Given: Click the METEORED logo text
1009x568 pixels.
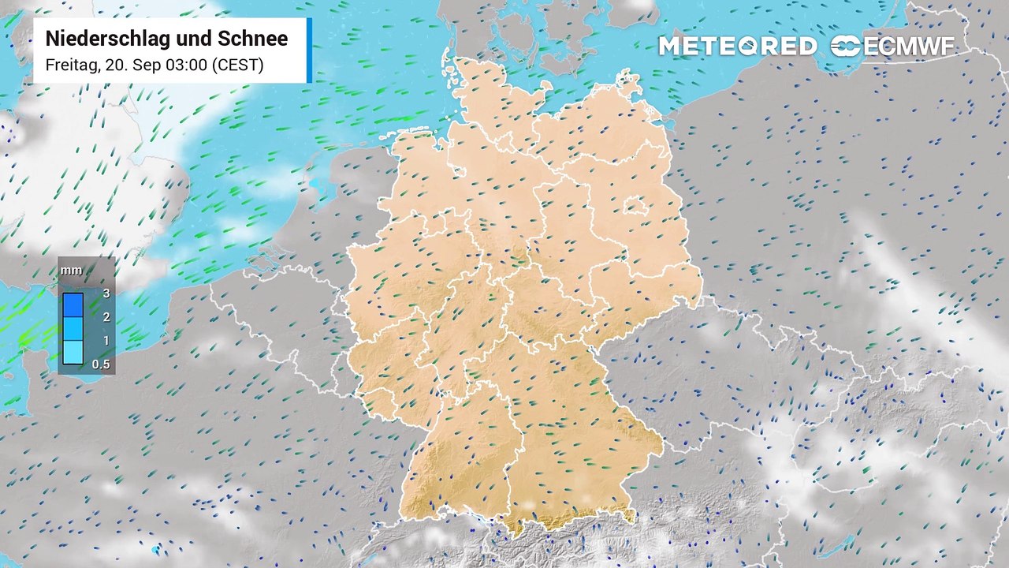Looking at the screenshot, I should [737, 47].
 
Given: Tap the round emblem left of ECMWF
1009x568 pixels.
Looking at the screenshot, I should [846, 47].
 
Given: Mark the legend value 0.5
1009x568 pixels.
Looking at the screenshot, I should [102, 364].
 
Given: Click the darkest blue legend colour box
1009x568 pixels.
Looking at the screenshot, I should [73, 305].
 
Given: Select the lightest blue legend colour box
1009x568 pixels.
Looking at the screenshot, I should [73, 352].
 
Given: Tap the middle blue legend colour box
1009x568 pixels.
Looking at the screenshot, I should [73, 328].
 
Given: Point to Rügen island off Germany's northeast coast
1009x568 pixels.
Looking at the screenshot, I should [627, 82].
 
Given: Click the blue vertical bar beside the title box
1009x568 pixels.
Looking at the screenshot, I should [309, 50].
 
